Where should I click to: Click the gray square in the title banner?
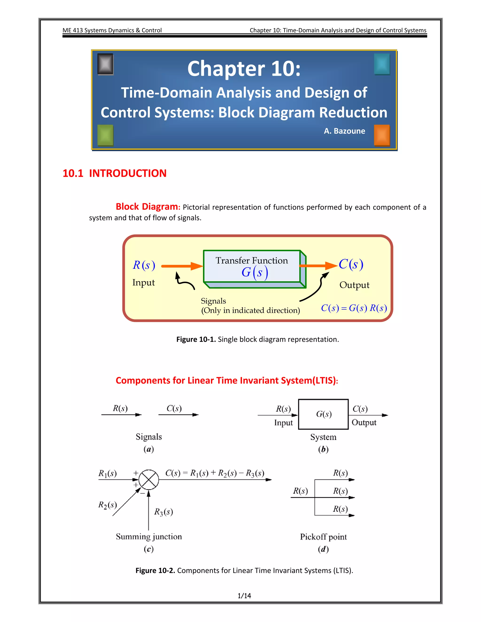[x=105, y=64]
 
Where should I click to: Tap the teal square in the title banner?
[x=382, y=64]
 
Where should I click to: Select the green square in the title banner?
[x=105, y=135]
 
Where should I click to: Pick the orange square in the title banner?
[x=382, y=135]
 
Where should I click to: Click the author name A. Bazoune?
[x=344, y=131]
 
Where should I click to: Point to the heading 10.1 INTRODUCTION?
[x=114, y=173]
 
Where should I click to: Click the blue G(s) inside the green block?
[x=254, y=273]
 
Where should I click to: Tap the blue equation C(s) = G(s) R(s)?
[x=354, y=308]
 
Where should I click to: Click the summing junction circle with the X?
[x=149, y=480]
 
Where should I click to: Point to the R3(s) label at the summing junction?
[x=163, y=512]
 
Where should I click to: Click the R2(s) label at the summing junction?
[x=107, y=505]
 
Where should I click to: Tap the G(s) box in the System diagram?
[x=323, y=414]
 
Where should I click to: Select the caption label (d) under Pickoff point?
[x=323, y=549]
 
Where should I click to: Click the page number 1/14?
[x=244, y=596]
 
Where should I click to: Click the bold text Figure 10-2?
[x=155, y=570]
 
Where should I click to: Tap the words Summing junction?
[x=149, y=537]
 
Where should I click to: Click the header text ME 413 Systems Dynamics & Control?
[x=112, y=30]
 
